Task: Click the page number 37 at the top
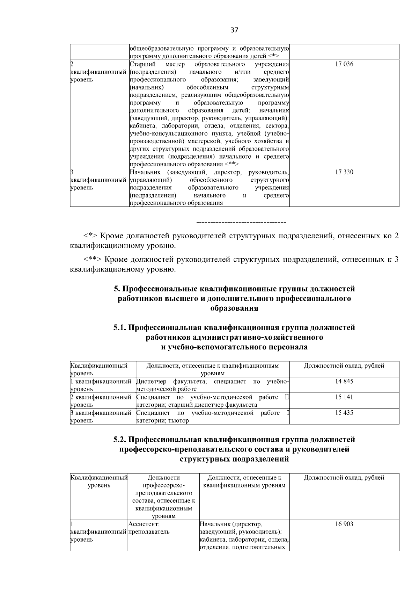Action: [x=234, y=30]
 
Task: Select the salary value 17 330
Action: [x=344, y=172]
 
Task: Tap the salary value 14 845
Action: [x=344, y=381]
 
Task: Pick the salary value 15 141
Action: [x=344, y=397]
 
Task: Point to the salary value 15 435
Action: [x=344, y=413]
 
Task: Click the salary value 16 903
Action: [x=344, y=524]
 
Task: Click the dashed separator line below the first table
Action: [x=241, y=222]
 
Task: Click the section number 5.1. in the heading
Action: [x=120, y=328]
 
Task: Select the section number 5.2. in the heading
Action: [x=120, y=439]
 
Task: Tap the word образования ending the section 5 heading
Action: [x=234, y=308]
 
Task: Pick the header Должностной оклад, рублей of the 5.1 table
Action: [x=344, y=366]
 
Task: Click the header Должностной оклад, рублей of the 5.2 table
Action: [x=344, y=478]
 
